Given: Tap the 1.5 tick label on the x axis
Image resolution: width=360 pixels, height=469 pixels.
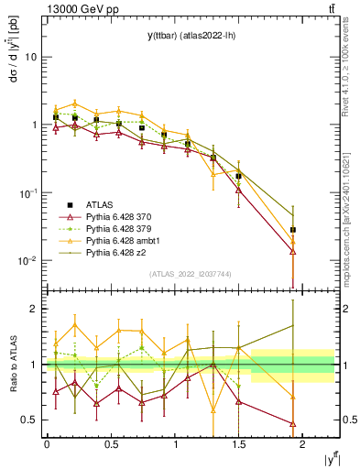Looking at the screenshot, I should pos(238,443).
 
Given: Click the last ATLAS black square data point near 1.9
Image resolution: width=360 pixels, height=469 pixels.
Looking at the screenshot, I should pos(293,230).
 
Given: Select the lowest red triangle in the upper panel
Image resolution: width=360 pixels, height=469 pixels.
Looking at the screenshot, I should pos(293,251).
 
